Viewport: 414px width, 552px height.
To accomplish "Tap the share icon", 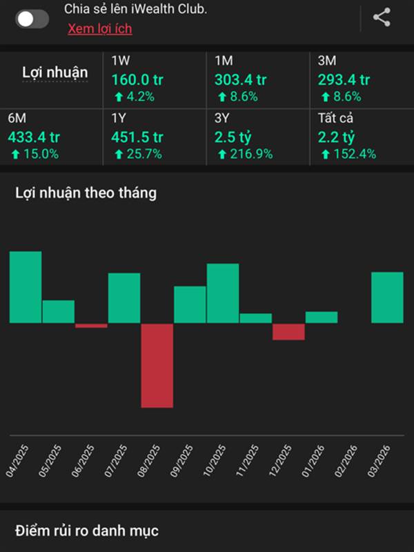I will point(382,18).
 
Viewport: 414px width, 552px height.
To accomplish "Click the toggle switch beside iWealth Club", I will point(32,19).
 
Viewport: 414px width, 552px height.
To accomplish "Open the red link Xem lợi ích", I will point(99,29).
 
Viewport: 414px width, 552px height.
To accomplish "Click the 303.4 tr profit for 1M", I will point(241,79).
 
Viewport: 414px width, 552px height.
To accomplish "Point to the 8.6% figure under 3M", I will point(343,97).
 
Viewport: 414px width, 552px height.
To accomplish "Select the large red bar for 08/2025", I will point(157,365).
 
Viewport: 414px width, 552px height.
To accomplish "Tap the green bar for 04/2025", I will point(26,286).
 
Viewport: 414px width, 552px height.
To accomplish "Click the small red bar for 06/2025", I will point(91,326).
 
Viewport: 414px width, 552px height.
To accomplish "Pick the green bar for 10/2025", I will point(223,293).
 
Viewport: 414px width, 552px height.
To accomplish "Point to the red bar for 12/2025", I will point(288,332).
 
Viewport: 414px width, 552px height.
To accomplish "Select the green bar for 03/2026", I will point(387,297).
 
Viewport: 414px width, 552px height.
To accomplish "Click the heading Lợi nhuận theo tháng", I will point(86,193).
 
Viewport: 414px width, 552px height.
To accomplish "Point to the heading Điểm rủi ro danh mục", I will point(87,530).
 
